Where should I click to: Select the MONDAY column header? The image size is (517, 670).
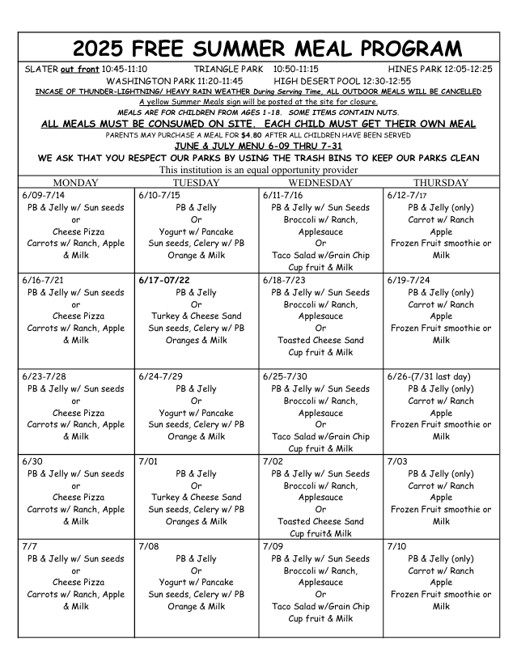coord(75,183)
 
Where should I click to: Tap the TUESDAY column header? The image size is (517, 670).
coord(197,183)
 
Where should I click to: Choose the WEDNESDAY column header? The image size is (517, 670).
coord(320,183)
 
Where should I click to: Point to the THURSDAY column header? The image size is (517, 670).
coord(441,183)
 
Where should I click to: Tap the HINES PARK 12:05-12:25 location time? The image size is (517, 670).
coord(440,70)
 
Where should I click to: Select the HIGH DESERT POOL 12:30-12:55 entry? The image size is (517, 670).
coord(342,81)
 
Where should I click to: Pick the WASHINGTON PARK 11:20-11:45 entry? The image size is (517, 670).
coord(175,81)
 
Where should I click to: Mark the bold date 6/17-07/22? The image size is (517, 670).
coord(163,280)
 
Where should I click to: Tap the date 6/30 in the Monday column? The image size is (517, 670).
coord(32,461)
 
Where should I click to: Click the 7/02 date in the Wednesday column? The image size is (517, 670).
coord(273,461)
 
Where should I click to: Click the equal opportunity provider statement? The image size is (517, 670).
coord(258,170)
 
